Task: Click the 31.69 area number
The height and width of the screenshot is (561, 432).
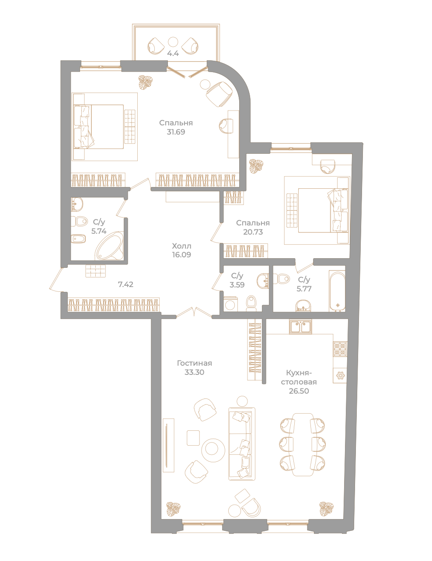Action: (x=176, y=132)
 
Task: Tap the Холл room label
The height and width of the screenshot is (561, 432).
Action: (x=181, y=246)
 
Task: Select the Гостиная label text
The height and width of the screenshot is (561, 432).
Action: (x=194, y=363)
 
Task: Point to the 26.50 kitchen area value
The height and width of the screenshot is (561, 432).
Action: (x=299, y=391)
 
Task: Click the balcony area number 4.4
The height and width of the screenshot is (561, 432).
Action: (x=173, y=54)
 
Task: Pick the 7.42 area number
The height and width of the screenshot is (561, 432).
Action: (x=125, y=284)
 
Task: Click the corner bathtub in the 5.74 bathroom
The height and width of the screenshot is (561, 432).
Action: (x=110, y=246)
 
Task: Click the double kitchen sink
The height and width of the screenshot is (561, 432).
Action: (x=300, y=326)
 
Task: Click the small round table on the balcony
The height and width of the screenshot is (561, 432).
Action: (x=173, y=42)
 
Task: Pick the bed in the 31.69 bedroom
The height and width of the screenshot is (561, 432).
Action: (x=99, y=127)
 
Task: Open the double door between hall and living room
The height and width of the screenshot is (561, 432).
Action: (x=194, y=312)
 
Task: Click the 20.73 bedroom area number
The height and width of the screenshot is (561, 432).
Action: (x=253, y=232)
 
